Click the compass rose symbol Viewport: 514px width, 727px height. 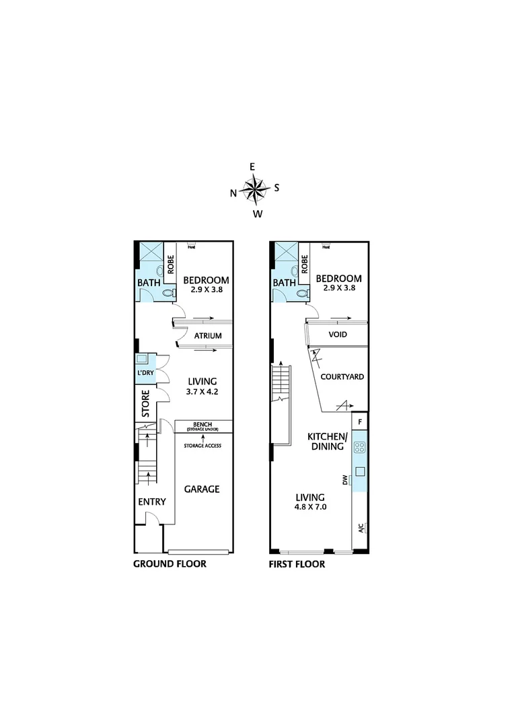pyautogui.click(x=256, y=188)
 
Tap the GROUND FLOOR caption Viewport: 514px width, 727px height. pyautogui.click(x=170, y=564)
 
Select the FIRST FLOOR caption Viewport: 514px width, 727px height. pyautogui.click(x=297, y=564)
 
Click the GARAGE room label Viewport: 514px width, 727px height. pyautogui.click(x=203, y=489)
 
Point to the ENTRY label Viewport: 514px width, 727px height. pyautogui.click(x=152, y=502)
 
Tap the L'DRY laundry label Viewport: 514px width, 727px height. pyautogui.click(x=147, y=372)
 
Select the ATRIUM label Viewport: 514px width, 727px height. pyautogui.click(x=209, y=336)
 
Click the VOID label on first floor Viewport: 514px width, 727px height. pyautogui.click(x=338, y=334)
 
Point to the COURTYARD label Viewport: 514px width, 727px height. pyautogui.click(x=342, y=377)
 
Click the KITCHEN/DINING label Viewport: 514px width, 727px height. pyautogui.click(x=327, y=441)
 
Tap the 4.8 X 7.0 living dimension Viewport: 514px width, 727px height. pyautogui.click(x=311, y=508)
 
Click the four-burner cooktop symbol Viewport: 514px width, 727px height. pyautogui.click(x=360, y=446)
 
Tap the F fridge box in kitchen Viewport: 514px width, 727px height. pyautogui.click(x=360, y=422)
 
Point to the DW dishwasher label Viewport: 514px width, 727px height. pyautogui.click(x=345, y=480)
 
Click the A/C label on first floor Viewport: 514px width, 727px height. pyautogui.click(x=361, y=527)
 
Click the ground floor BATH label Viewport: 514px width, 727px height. pyautogui.click(x=148, y=283)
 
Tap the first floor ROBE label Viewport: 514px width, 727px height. pyautogui.click(x=305, y=265)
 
